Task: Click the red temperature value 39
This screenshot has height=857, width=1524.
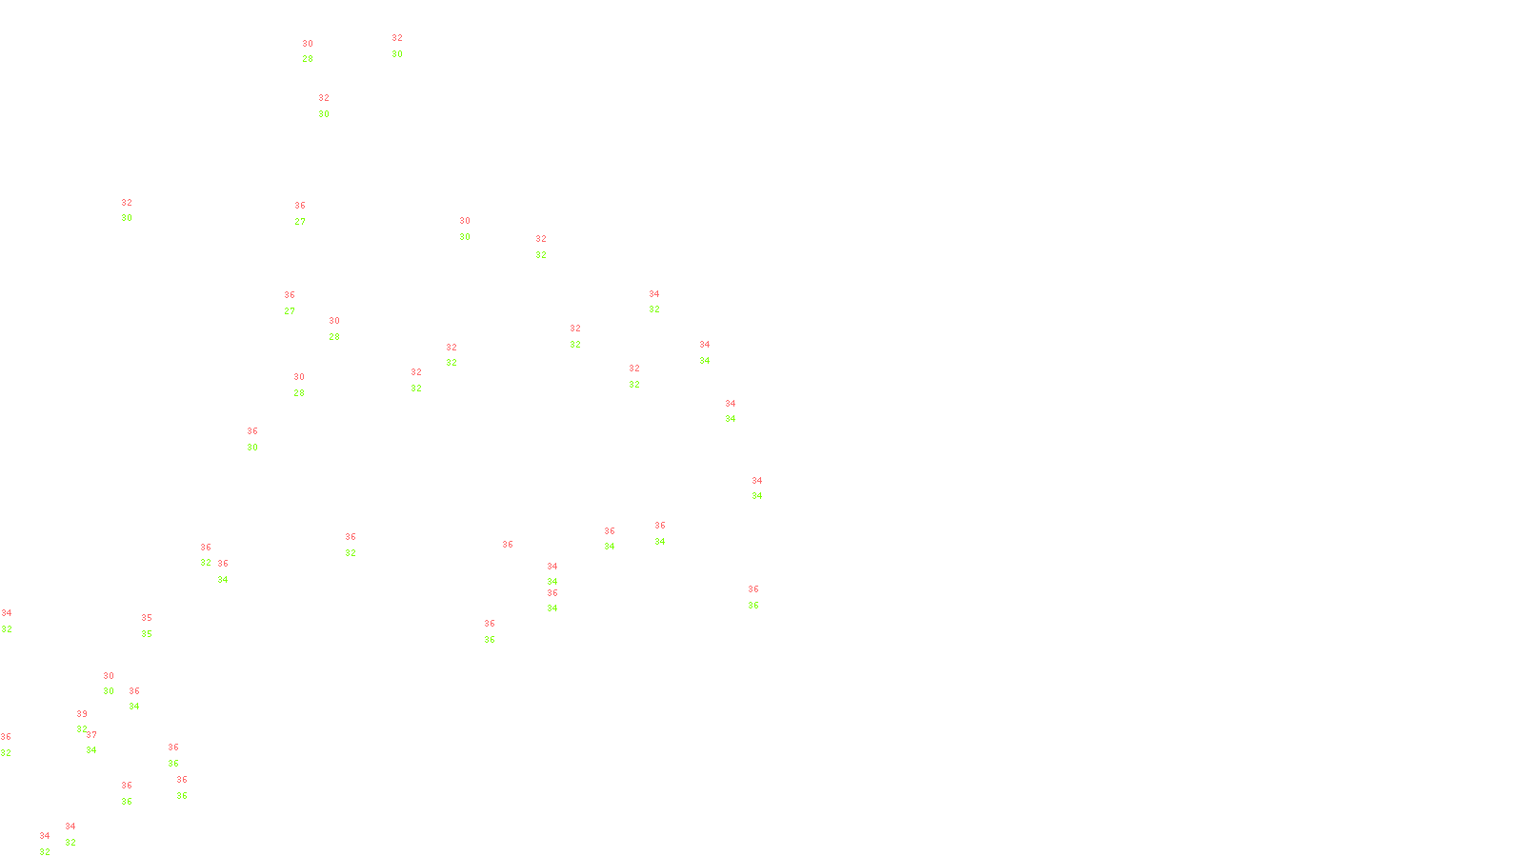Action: pyautogui.click(x=82, y=714)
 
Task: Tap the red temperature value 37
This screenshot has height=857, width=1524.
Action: pyautogui.click(x=91, y=735)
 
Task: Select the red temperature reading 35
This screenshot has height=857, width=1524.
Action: pyautogui.click(x=147, y=618)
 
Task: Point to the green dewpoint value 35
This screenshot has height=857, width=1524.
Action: pyautogui.click(x=147, y=634)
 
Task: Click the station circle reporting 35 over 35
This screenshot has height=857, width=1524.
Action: pyautogui.click(x=156, y=627)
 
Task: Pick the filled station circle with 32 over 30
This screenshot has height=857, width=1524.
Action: pyautogui.click(x=407, y=46)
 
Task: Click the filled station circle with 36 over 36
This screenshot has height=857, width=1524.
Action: pyautogui.click(x=498, y=631)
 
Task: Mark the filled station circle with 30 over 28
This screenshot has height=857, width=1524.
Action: pyautogui.click(x=316, y=51)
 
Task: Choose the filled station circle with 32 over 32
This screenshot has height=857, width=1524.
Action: pyautogui.click(x=585, y=336)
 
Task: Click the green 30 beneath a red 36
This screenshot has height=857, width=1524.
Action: pyautogui.click(x=252, y=448)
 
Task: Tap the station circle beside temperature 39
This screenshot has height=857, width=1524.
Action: pyautogui.click(x=91, y=722)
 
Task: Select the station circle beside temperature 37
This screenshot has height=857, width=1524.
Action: pyautogui.click(x=101, y=743)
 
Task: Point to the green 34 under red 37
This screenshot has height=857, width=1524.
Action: pyautogui.click(x=91, y=750)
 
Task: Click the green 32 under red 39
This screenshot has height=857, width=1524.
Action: pyautogui.click(x=82, y=729)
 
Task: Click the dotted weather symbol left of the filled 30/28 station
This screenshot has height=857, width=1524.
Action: pyautogui.click(x=307, y=51)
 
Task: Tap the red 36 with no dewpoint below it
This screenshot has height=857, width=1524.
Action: pyautogui.click(x=508, y=546)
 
